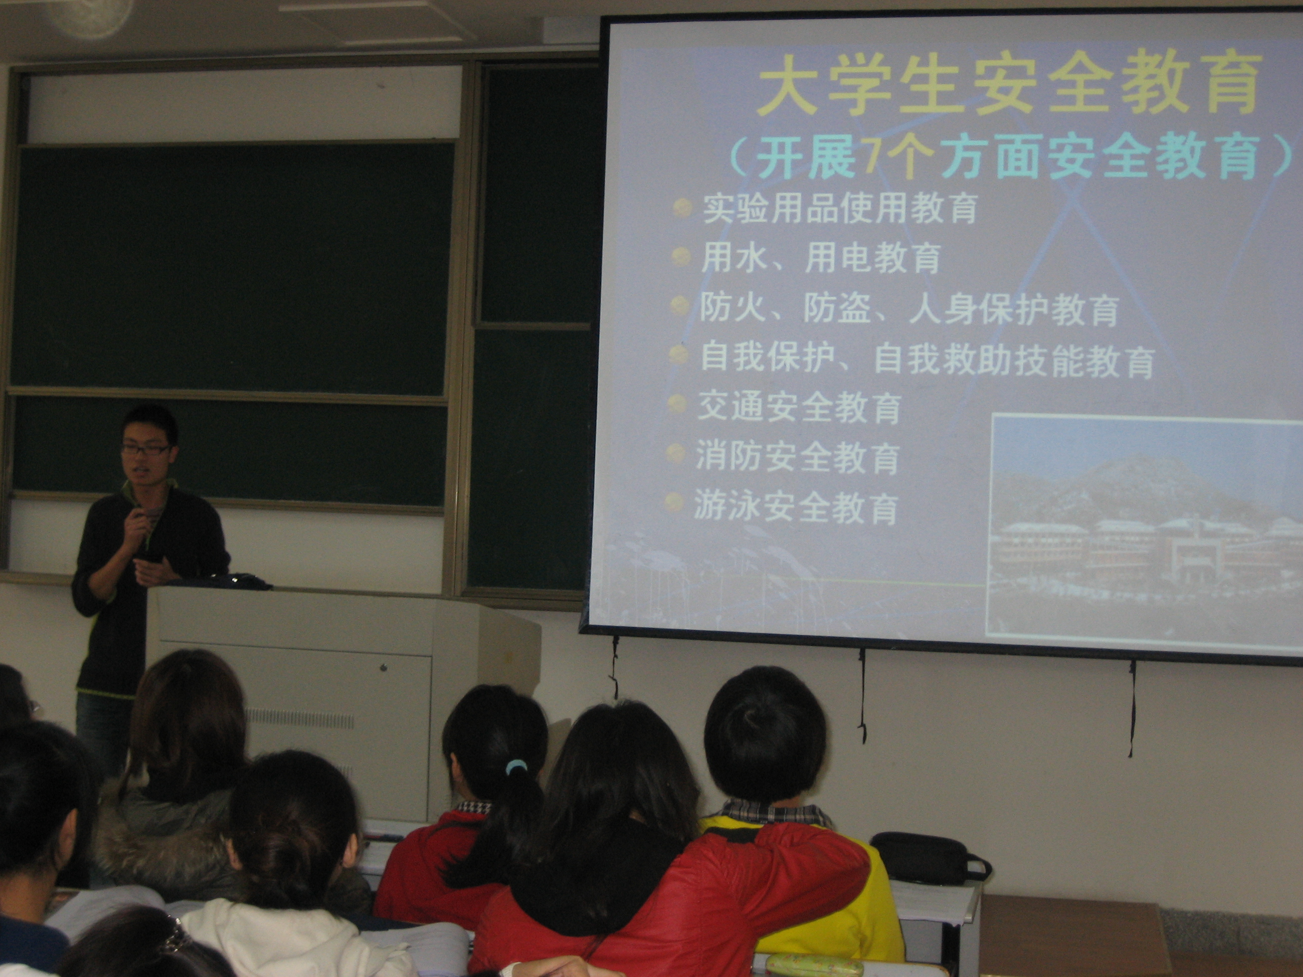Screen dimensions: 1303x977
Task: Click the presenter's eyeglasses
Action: click(x=145, y=449)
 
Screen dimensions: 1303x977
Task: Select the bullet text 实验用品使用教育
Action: click(x=840, y=208)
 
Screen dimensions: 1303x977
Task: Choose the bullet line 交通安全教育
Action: click(x=799, y=407)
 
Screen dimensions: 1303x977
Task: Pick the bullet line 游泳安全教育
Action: click(x=795, y=507)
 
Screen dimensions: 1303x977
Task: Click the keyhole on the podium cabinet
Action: click(x=383, y=668)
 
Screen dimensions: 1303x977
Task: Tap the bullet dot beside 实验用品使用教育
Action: click(x=682, y=207)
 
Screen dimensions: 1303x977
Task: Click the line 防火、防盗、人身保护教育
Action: click(x=909, y=309)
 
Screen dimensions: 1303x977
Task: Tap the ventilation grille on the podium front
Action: click(x=301, y=719)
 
